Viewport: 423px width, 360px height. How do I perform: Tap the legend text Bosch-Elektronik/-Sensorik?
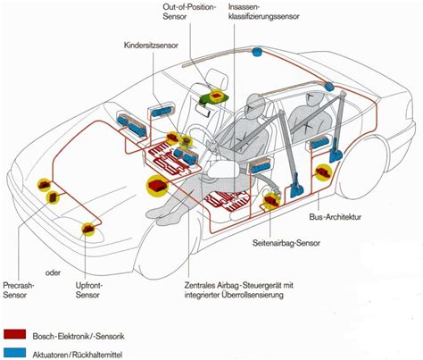[x=86, y=329]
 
